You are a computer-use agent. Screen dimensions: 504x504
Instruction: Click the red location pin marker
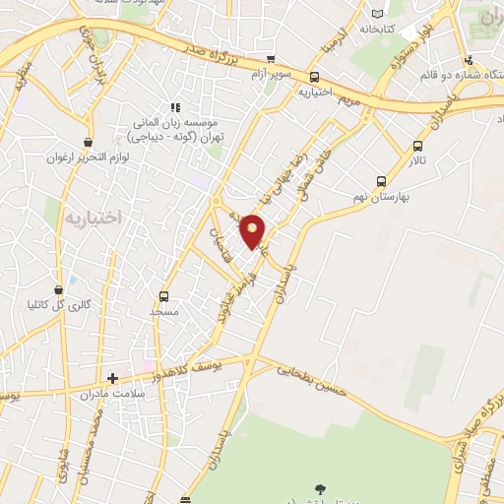(x=253, y=230)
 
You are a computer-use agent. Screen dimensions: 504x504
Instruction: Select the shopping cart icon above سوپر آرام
(x=271, y=59)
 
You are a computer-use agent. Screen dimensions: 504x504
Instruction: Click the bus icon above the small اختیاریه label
(x=314, y=77)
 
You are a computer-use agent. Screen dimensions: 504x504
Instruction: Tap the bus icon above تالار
(x=417, y=147)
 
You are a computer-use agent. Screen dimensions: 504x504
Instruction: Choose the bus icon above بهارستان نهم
(x=381, y=180)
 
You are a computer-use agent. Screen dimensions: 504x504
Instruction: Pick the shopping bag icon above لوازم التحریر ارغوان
(x=89, y=142)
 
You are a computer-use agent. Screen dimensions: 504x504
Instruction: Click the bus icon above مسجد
(x=163, y=295)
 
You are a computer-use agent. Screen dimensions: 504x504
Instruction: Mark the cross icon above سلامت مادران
(x=112, y=378)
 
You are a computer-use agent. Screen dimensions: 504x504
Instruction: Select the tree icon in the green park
(x=320, y=488)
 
